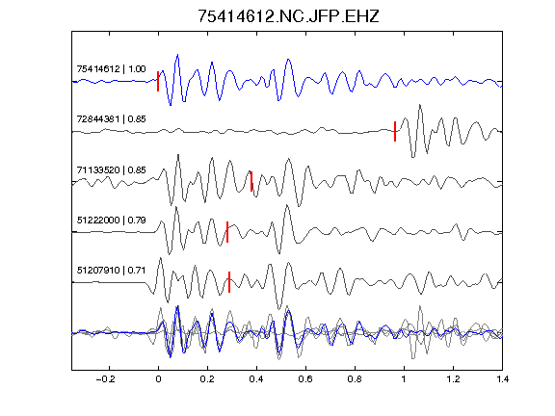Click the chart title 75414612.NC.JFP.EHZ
pyautogui.click(x=288, y=16)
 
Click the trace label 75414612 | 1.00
pyautogui.click(x=111, y=68)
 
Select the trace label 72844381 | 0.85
pyautogui.click(x=111, y=118)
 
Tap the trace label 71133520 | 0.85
pyautogui.click(x=111, y=169)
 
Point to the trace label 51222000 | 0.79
pyautogui.click(x=111, y=220)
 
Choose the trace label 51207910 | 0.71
pyautogui.click(x=111, y=271)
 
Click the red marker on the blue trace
pyautogui.click(x=158, y=81)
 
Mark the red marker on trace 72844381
pyautogui.click(x=395, y=131)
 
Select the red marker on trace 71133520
pyautogui.click(x=251, y=181)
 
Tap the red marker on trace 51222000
pyautogui.click(x=227, y=232)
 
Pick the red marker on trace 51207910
pyautogui.click(x=229, y=282)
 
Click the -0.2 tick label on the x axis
pyautogui.click(x=105, y=379)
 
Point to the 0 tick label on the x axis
pyautogui.click(x=158, y=379)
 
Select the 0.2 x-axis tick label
pyautogui.click(x=207, y=379)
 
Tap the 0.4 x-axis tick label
pyautogui.click(x=256, y=379)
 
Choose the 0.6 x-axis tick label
pyautogui.click(x=305, y=379)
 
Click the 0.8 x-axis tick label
pyautogui.click(x=355, y=379)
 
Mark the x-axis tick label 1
pyautogui.click(x=404, y=379)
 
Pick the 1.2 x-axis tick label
pyautogui.click(x=453, y=379)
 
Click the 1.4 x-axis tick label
pyautogui.click(x=502, y=379)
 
